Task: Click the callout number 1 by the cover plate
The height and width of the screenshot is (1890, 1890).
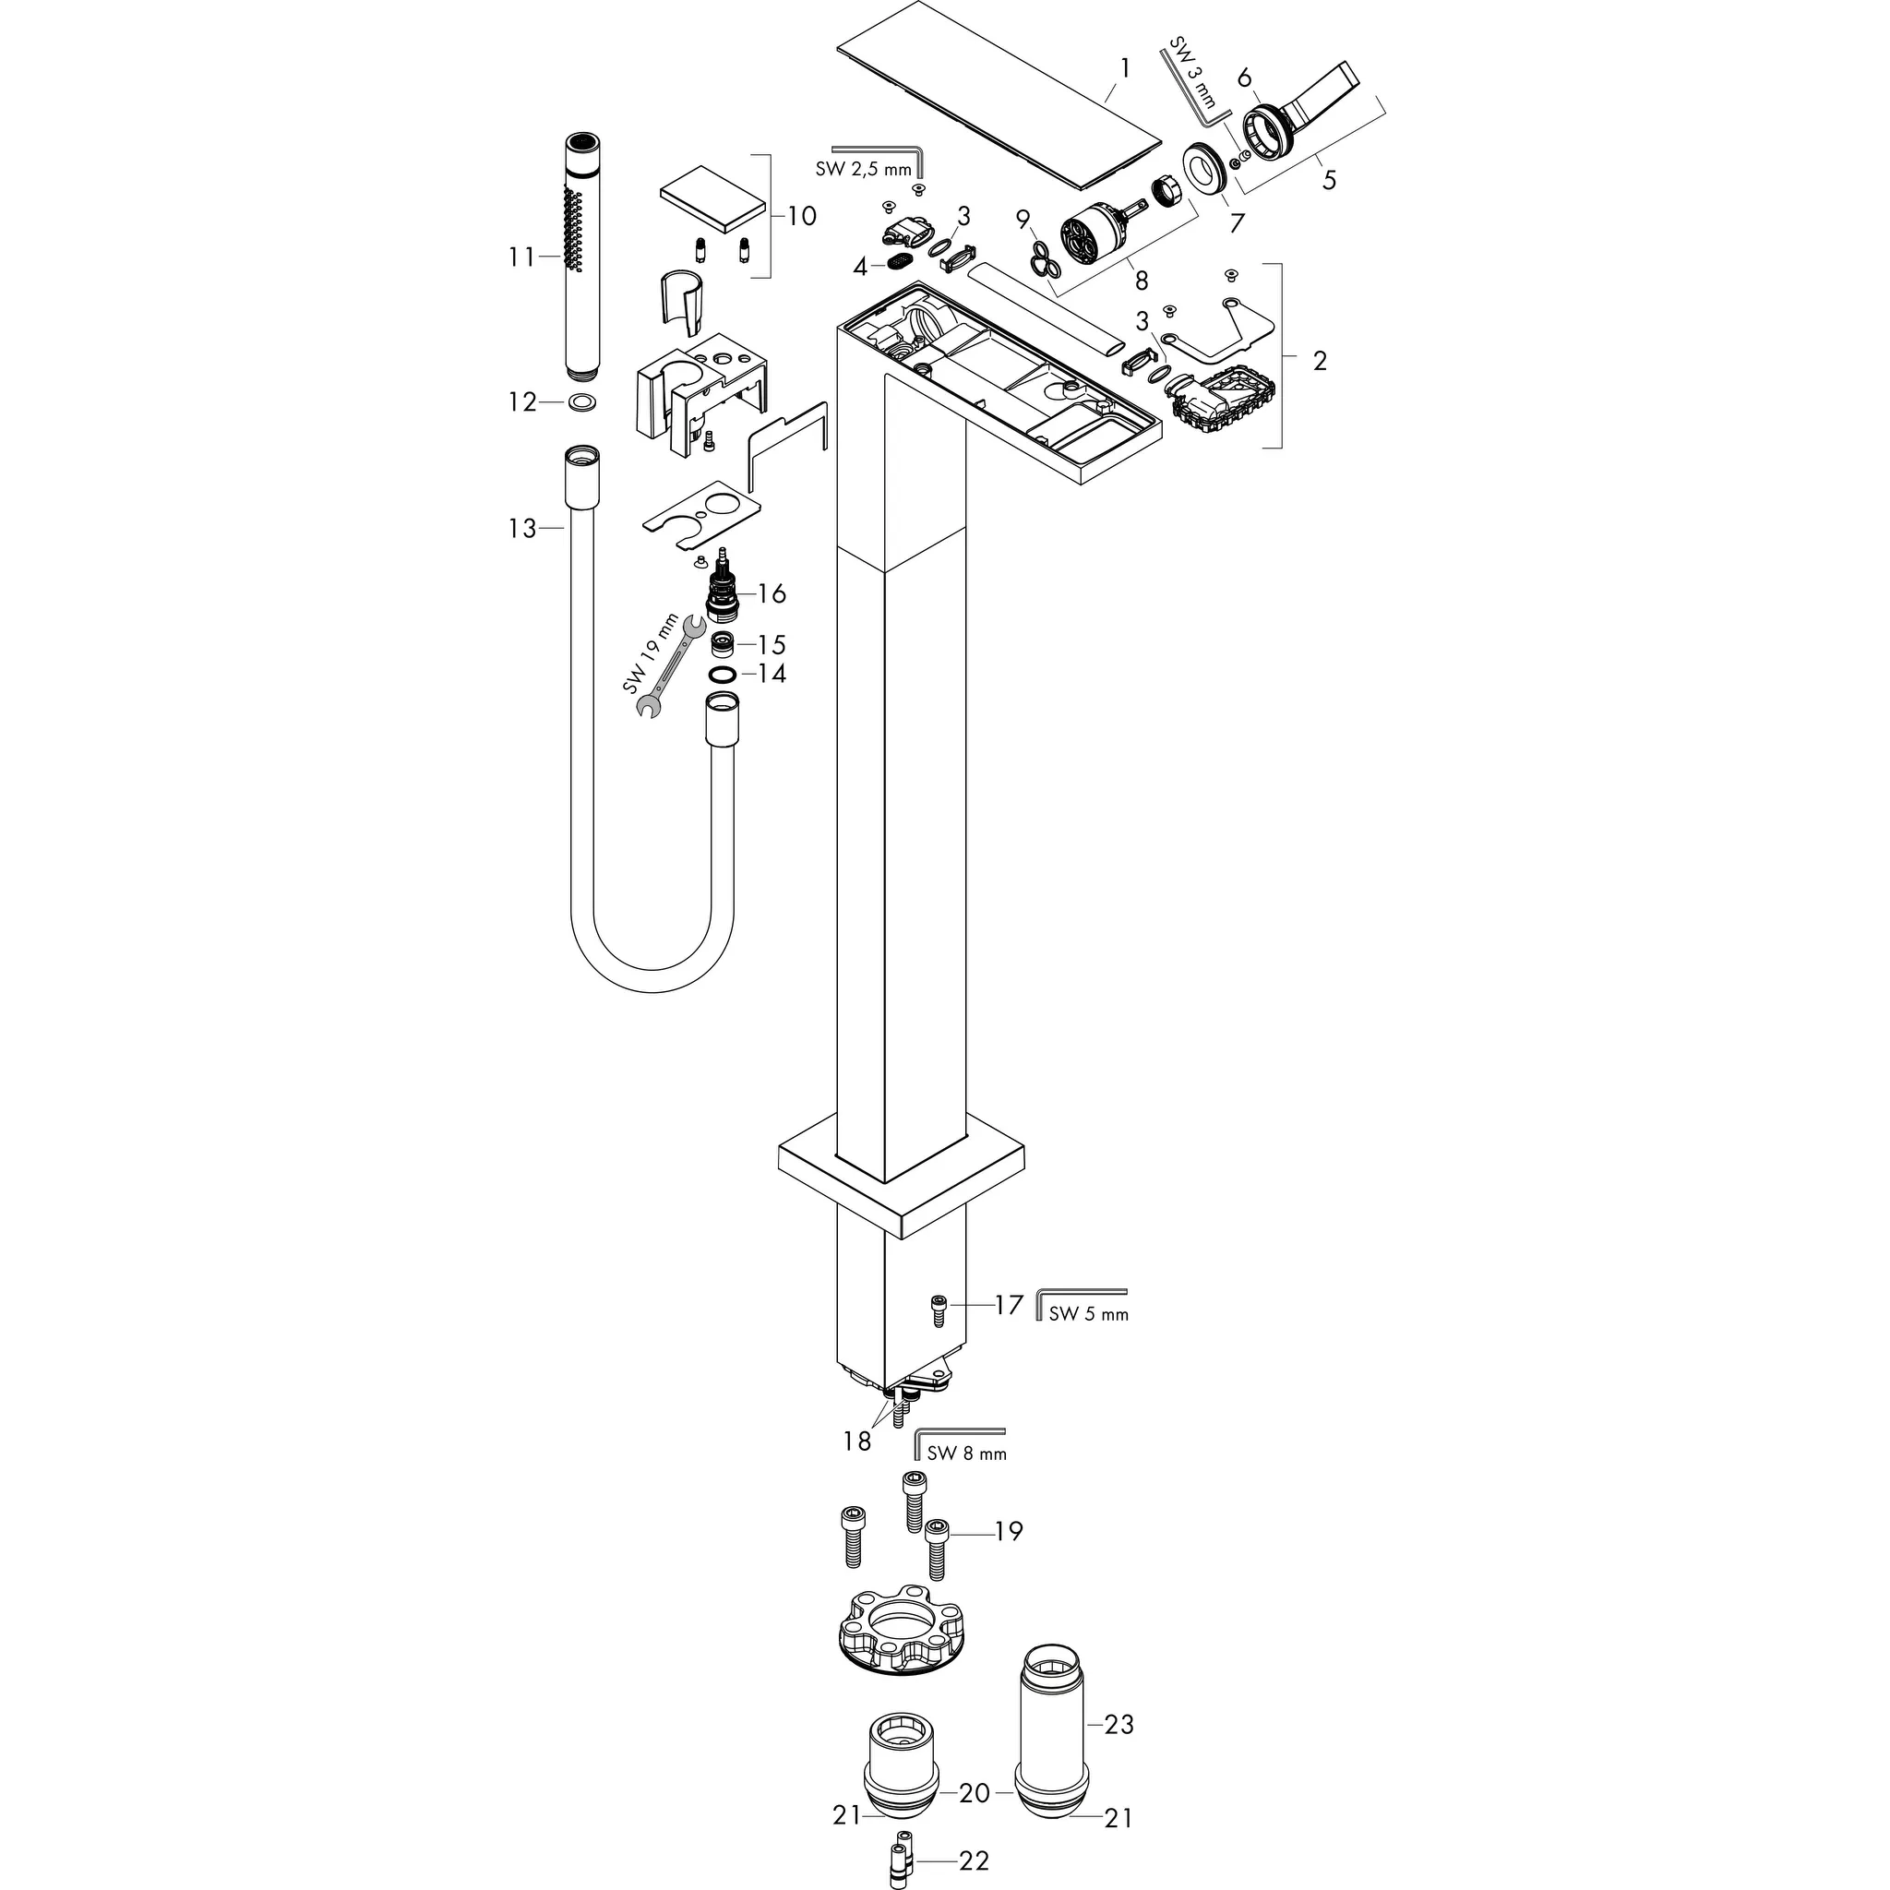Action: (1125, 67)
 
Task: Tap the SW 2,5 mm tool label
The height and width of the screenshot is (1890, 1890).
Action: (862, 169)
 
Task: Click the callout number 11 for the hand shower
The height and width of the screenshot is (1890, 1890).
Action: (521, 257)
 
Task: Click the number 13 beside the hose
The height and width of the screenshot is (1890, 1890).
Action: (522, 528)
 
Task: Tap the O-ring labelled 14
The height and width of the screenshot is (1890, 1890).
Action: (722, 675)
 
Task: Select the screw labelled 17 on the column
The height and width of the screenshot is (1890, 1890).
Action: (939, 1307)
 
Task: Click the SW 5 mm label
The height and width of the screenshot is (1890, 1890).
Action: (1088, 1314)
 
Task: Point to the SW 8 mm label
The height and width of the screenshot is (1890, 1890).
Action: (966, 1453)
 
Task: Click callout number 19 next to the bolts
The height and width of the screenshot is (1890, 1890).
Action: (1009, 1531)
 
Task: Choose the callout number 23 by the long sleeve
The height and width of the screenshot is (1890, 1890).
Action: (1118, 1724)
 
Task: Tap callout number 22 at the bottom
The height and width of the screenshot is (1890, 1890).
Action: (975, 1860)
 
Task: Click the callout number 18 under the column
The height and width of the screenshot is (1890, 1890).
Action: (857, 1442)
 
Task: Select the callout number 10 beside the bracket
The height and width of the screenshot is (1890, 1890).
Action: (802, 216)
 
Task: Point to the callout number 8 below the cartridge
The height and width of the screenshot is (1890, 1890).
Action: (1141, 281)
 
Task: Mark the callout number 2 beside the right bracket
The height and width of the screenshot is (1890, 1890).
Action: (1320, 361)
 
